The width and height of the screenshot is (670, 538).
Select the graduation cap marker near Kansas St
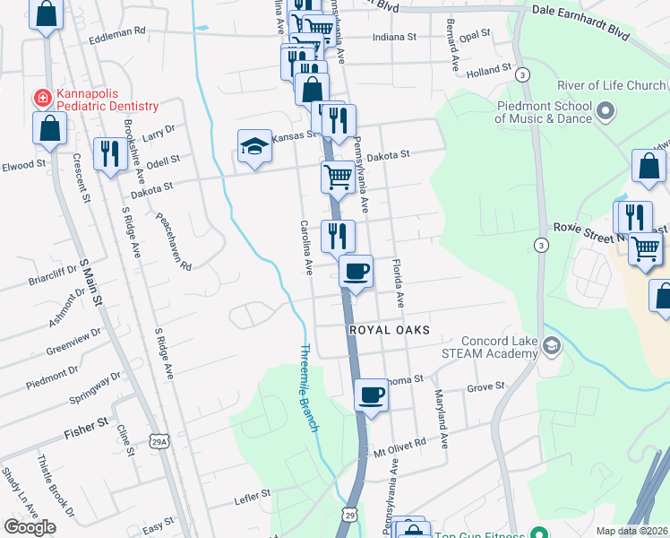pos(254,148)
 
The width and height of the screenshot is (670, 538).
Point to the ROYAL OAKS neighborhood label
pos(389,331)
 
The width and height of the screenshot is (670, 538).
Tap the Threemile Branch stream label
pos(309,388)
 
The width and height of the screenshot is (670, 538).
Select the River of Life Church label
pos(613,86)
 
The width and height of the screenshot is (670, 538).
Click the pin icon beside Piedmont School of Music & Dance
pos(606,112)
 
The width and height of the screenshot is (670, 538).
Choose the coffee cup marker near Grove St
pos(371,395)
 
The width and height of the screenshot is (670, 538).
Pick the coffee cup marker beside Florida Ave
pos(356,272)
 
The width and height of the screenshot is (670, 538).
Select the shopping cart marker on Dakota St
pos(338,178)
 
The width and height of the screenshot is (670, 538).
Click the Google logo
pos(30,527)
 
